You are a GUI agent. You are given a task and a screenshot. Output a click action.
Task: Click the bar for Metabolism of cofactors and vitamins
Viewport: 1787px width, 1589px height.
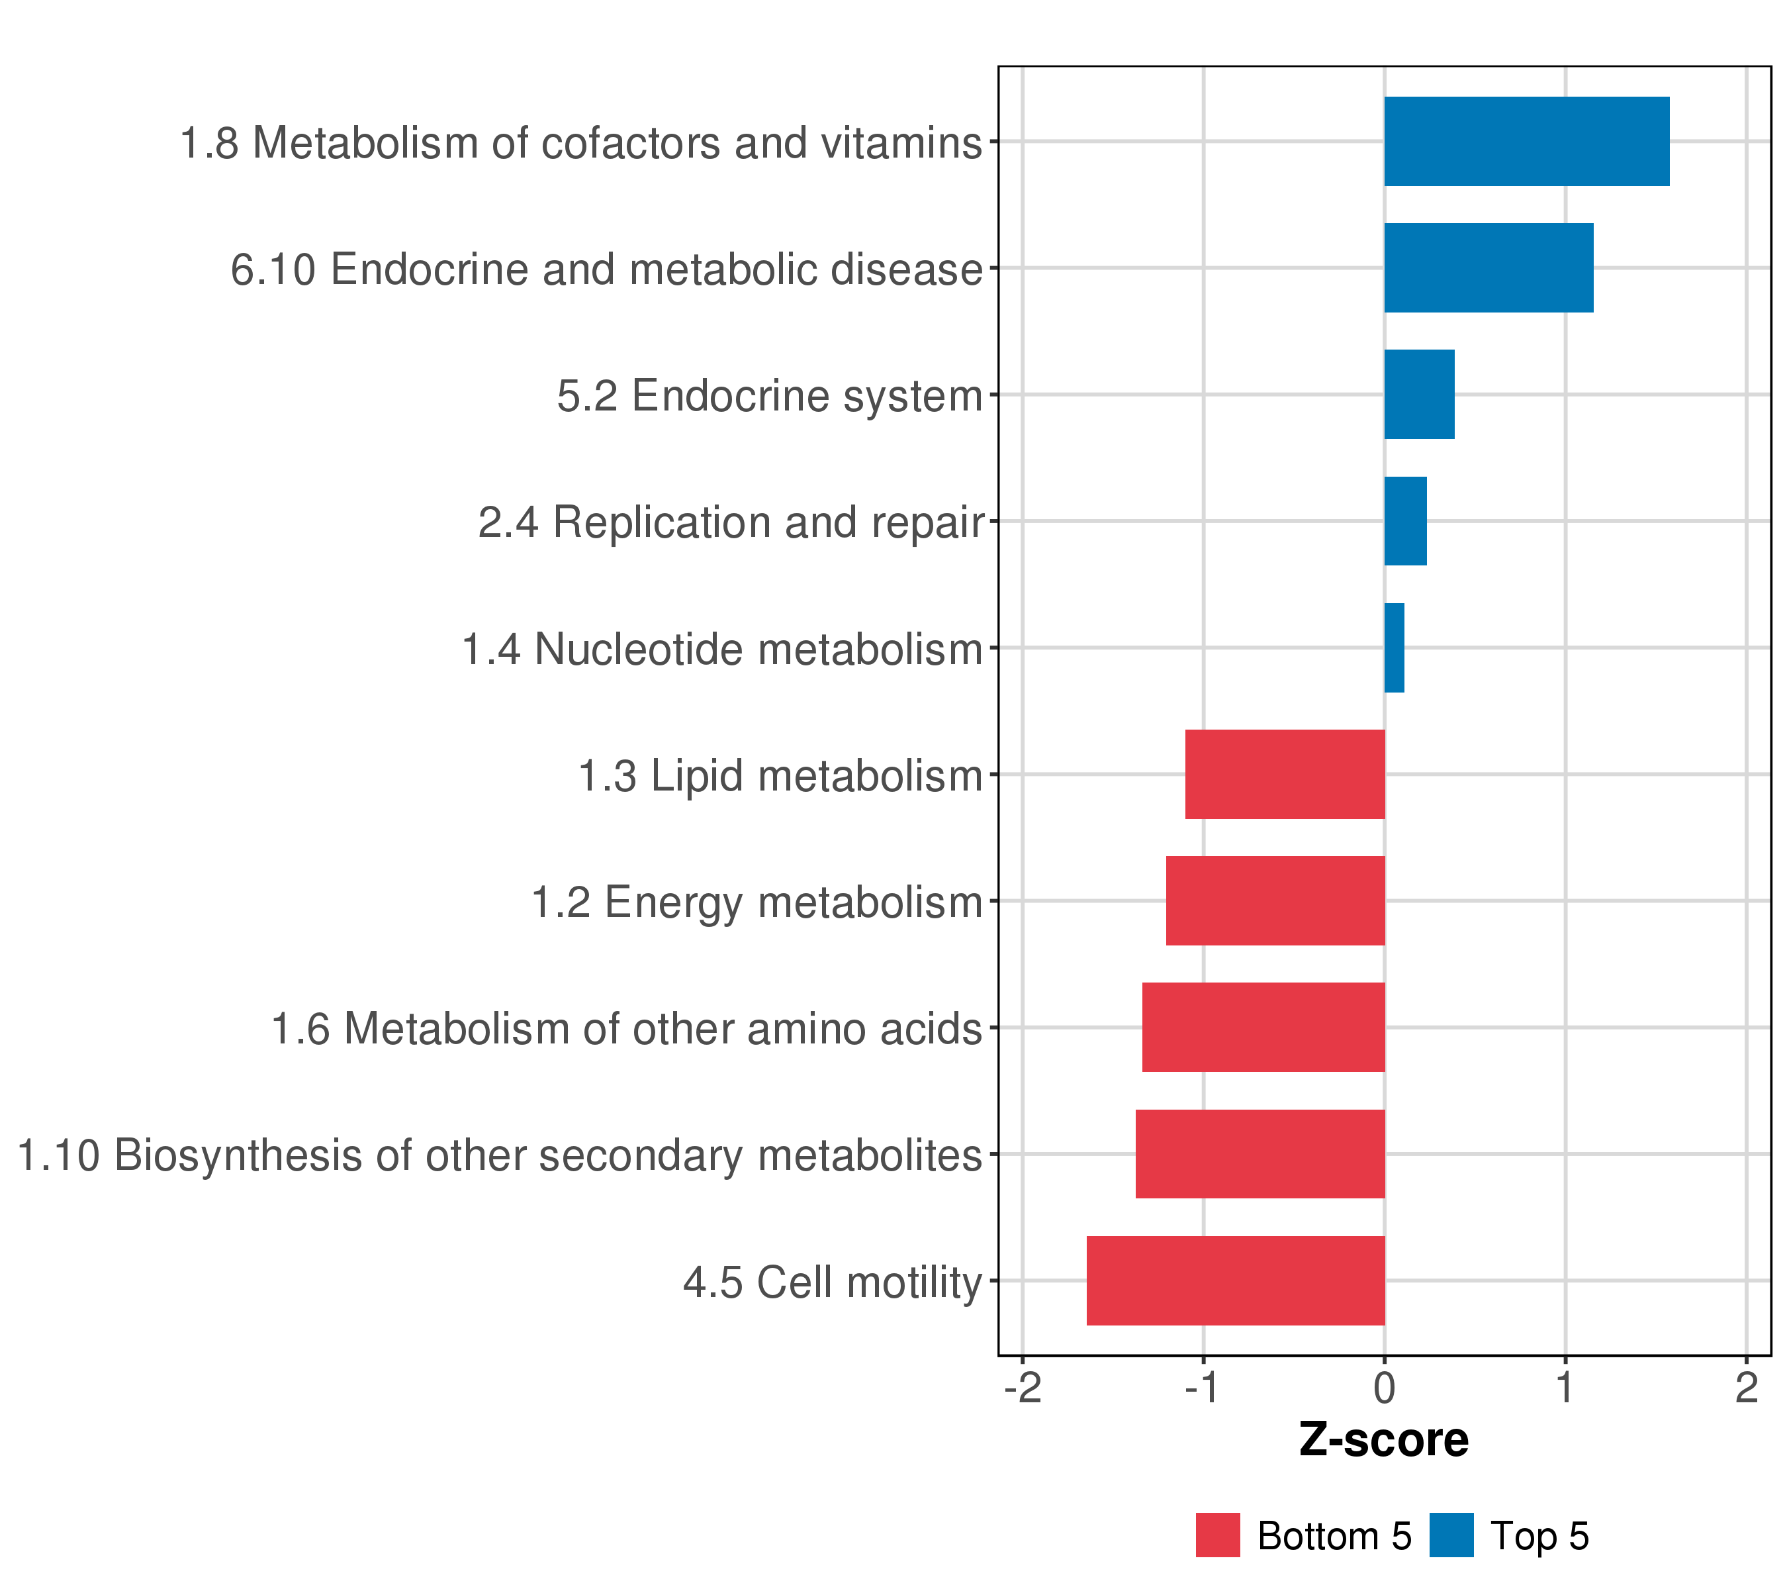pyautogui.click(x=1526, y=142)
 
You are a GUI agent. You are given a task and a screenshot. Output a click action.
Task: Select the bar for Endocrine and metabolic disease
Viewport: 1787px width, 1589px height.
pyautogui.click(x=1488, y=267)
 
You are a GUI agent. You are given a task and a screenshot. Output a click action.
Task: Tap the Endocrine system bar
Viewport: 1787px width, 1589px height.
pyautogui.click(x=1419, y=395)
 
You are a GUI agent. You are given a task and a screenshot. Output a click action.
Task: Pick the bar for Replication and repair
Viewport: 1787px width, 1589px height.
pyautogui.click(x=1405, y=521)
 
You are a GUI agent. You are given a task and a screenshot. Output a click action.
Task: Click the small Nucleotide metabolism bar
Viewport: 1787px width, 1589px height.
pyautogui.click(x=1394, y=648)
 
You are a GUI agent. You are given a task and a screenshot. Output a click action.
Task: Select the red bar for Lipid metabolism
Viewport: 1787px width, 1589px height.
pyautogui.click(x=1284, y=774)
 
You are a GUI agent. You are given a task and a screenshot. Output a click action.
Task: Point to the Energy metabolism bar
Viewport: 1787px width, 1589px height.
pyautogui.click(x=1275, y=900)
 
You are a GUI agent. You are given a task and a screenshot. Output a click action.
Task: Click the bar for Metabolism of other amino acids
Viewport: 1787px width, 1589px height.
pyautogui.click(x=1263, y=1028)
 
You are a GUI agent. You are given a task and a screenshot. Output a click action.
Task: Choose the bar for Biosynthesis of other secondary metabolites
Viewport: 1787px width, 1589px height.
pyautogui.click(x=1260, y=1153)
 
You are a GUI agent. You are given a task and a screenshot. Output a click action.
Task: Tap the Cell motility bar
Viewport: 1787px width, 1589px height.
pyautogui.click(x=1235, y=1280)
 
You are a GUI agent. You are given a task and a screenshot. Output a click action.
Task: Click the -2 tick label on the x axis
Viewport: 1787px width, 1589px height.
pyautogui.click(x=1022, y=1388)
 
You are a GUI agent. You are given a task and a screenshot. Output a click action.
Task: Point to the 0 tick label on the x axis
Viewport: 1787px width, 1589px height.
pyautogui.click(x=1384, y=1388)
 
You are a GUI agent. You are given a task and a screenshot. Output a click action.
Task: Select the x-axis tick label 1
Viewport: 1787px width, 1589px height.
pyautogui.click(x=1565, y=1388)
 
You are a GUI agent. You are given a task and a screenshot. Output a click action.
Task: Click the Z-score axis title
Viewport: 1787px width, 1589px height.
pyautogui.click(x=1383, y=1440)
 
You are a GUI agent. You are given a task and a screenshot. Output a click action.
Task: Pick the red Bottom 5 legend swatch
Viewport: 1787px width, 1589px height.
pyautogui.click(x=1218, y=1535)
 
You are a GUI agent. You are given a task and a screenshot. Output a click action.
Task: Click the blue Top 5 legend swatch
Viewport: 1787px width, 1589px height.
pyautogui.click(x=1451, y=1535)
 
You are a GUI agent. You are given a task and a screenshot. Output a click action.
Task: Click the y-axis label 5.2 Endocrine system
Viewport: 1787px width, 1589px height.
pyautogui.click(x=769, y=396)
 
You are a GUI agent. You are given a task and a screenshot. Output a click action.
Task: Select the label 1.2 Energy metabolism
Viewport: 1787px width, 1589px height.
pyautogui.click(x=757, y=902)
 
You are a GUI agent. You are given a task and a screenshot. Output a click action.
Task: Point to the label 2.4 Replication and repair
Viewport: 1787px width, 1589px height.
pyautogui.click(x=731, y=523)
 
